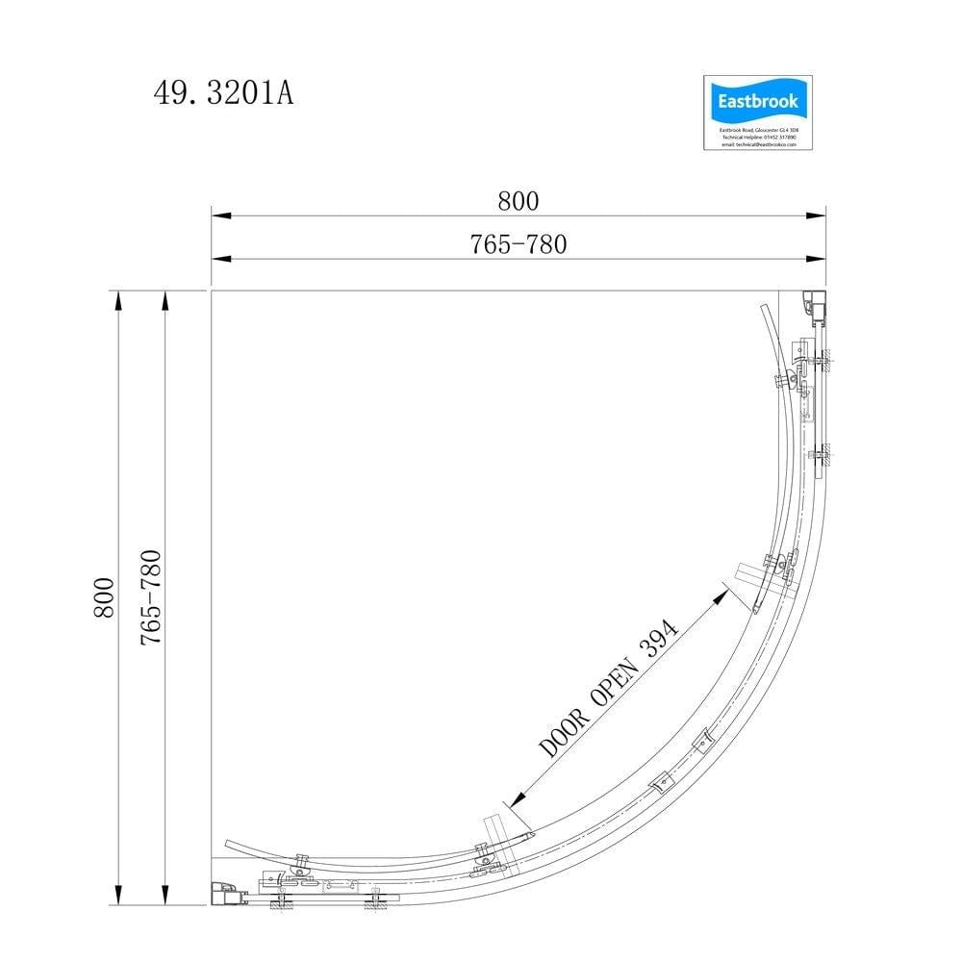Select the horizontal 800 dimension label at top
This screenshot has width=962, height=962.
coord(519,201)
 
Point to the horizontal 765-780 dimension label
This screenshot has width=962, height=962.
coord(519,244)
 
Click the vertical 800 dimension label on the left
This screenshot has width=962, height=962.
coord(104,597)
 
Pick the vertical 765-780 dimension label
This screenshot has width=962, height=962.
coord(151,597)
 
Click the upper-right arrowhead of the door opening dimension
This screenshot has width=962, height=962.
coord(721,595)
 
